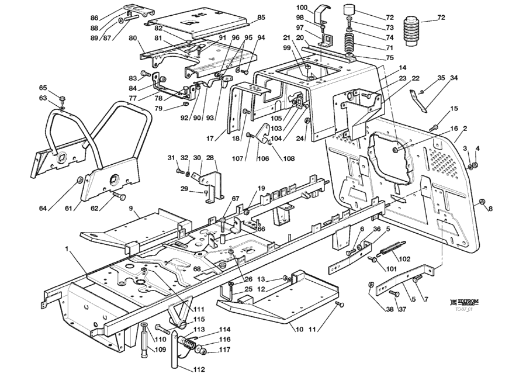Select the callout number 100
tap(302, 7)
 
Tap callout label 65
tap(43, 88)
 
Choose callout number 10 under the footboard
tap(299, 329)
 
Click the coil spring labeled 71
tap(350, 41)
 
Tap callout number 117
tap(225, 350)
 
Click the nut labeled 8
tap(482, 202)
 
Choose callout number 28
tap(210, 158)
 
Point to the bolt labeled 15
tap(434, 126)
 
